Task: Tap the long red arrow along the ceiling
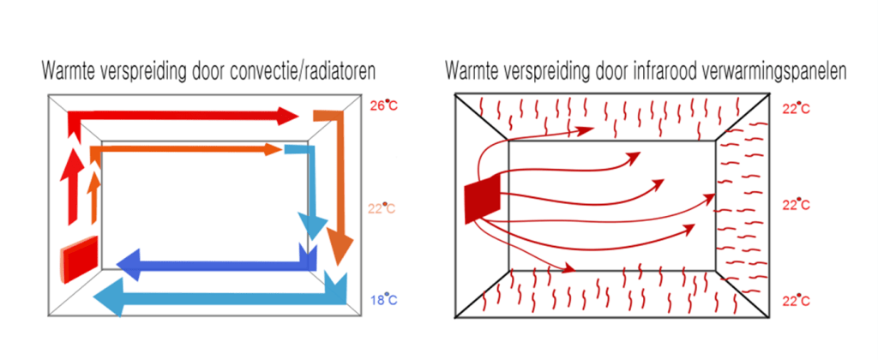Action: [180, 117]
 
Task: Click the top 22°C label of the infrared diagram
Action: [797, 109]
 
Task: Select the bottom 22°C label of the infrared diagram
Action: [797, 301]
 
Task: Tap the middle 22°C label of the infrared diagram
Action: [797, 205]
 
